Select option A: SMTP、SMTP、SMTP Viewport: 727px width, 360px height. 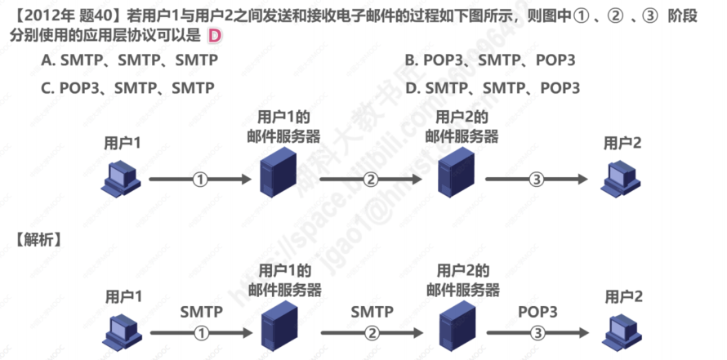(129, 60)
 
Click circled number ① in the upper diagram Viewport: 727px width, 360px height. (200, 180)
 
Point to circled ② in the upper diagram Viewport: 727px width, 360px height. (371, 180)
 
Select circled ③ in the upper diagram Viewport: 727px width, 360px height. (537, 180)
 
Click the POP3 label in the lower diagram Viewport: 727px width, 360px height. (537, 312)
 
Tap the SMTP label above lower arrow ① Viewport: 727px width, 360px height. (201, 312)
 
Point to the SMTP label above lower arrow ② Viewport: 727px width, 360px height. (372, 312)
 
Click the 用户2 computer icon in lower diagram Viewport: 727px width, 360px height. (620, 330)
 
